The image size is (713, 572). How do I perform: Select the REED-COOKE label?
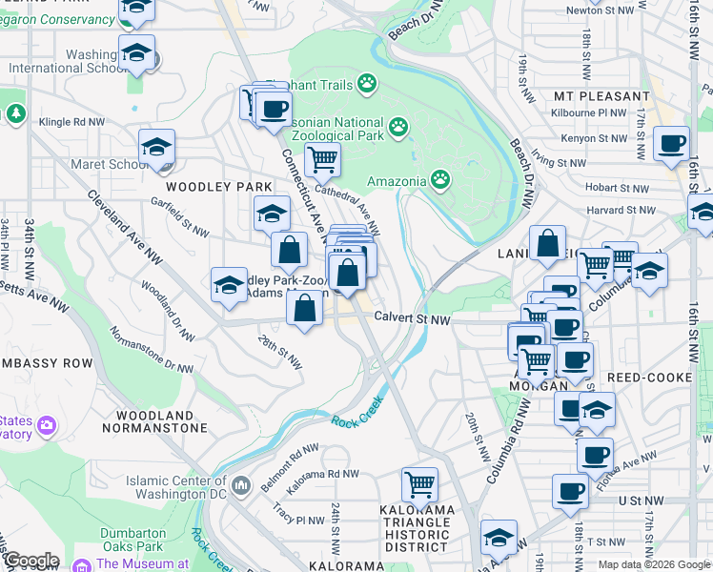(655, 378)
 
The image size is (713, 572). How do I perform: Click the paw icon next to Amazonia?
(439, 178)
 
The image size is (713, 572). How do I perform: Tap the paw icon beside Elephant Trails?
(368, 84)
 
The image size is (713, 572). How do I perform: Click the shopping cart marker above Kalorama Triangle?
(419, 484)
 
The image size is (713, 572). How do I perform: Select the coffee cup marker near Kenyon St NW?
(671, 144)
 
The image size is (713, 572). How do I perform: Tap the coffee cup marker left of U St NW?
(570, 492)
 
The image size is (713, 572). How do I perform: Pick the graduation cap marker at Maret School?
(156, 148)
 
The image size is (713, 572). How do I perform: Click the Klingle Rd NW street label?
(71, 123)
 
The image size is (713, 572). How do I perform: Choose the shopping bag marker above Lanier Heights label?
(548, 244)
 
